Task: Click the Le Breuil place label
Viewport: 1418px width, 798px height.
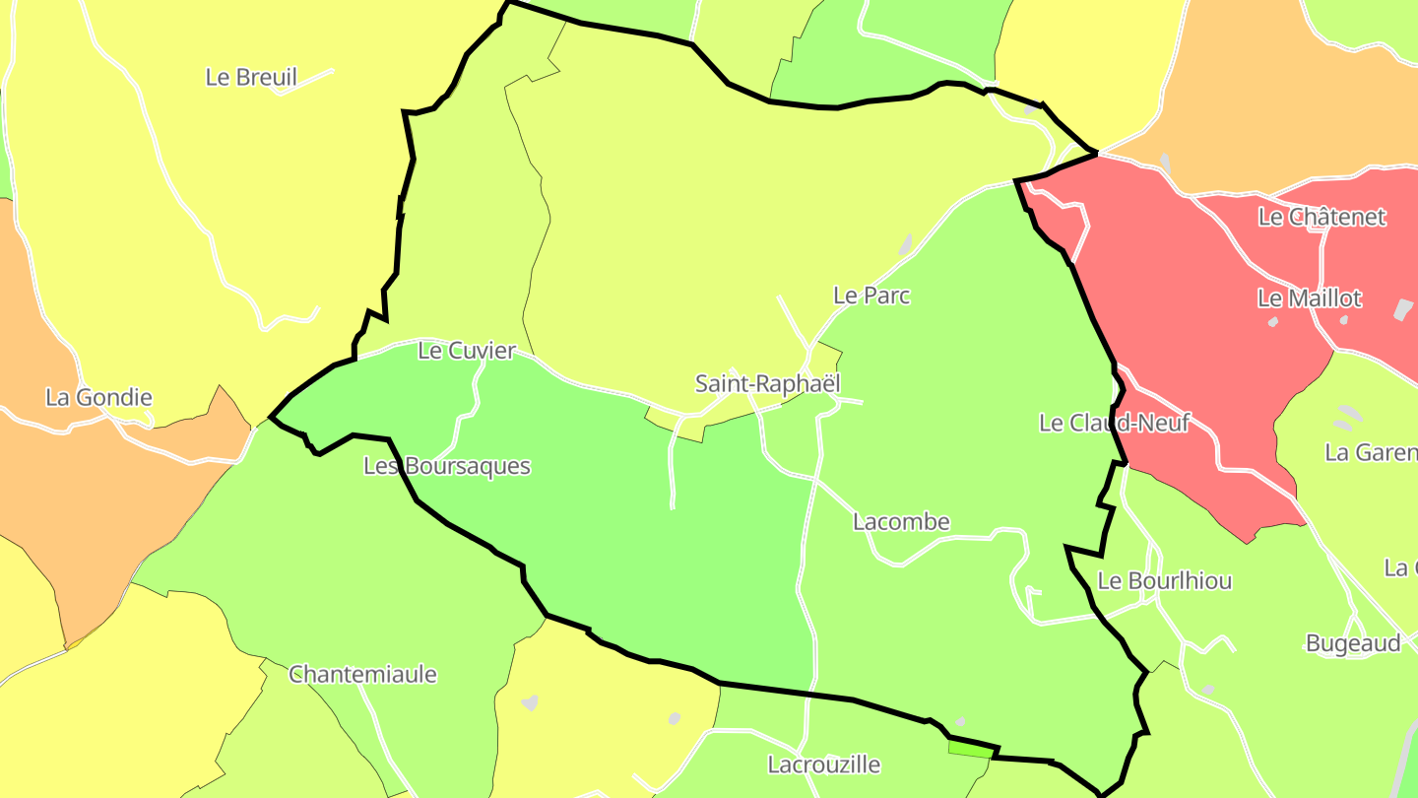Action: click(251, 77)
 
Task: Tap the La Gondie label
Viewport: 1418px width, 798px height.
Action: click(98, 398)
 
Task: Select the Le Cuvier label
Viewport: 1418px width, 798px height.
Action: click(467, 351)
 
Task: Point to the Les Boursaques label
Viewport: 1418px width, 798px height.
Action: click(447, 467)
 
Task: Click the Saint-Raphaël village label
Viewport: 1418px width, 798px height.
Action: click(767, 384)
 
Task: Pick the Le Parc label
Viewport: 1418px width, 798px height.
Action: click(871, 296)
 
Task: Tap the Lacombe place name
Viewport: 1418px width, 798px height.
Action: click(901, 522)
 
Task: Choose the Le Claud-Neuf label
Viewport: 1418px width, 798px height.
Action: click(1115, 424)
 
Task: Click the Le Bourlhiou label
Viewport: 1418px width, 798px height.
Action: click(1164, 581)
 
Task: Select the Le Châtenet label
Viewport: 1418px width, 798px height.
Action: click(1321, 218)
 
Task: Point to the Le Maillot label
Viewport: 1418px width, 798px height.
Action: click(1310, 299)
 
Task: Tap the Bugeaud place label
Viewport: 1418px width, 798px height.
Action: click(1353, 644)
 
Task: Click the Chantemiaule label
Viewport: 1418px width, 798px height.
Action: click(362, 676)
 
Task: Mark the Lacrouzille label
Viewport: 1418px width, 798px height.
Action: click(823, 765)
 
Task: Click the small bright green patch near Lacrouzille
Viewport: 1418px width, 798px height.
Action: click(969, 750)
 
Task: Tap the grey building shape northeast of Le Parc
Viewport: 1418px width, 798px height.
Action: click(905, 244)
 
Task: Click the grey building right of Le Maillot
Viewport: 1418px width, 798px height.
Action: click(1403, 308)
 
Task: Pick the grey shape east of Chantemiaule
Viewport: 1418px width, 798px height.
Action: click(530, 702)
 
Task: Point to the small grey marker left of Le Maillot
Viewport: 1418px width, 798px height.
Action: click(1272, 322)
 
